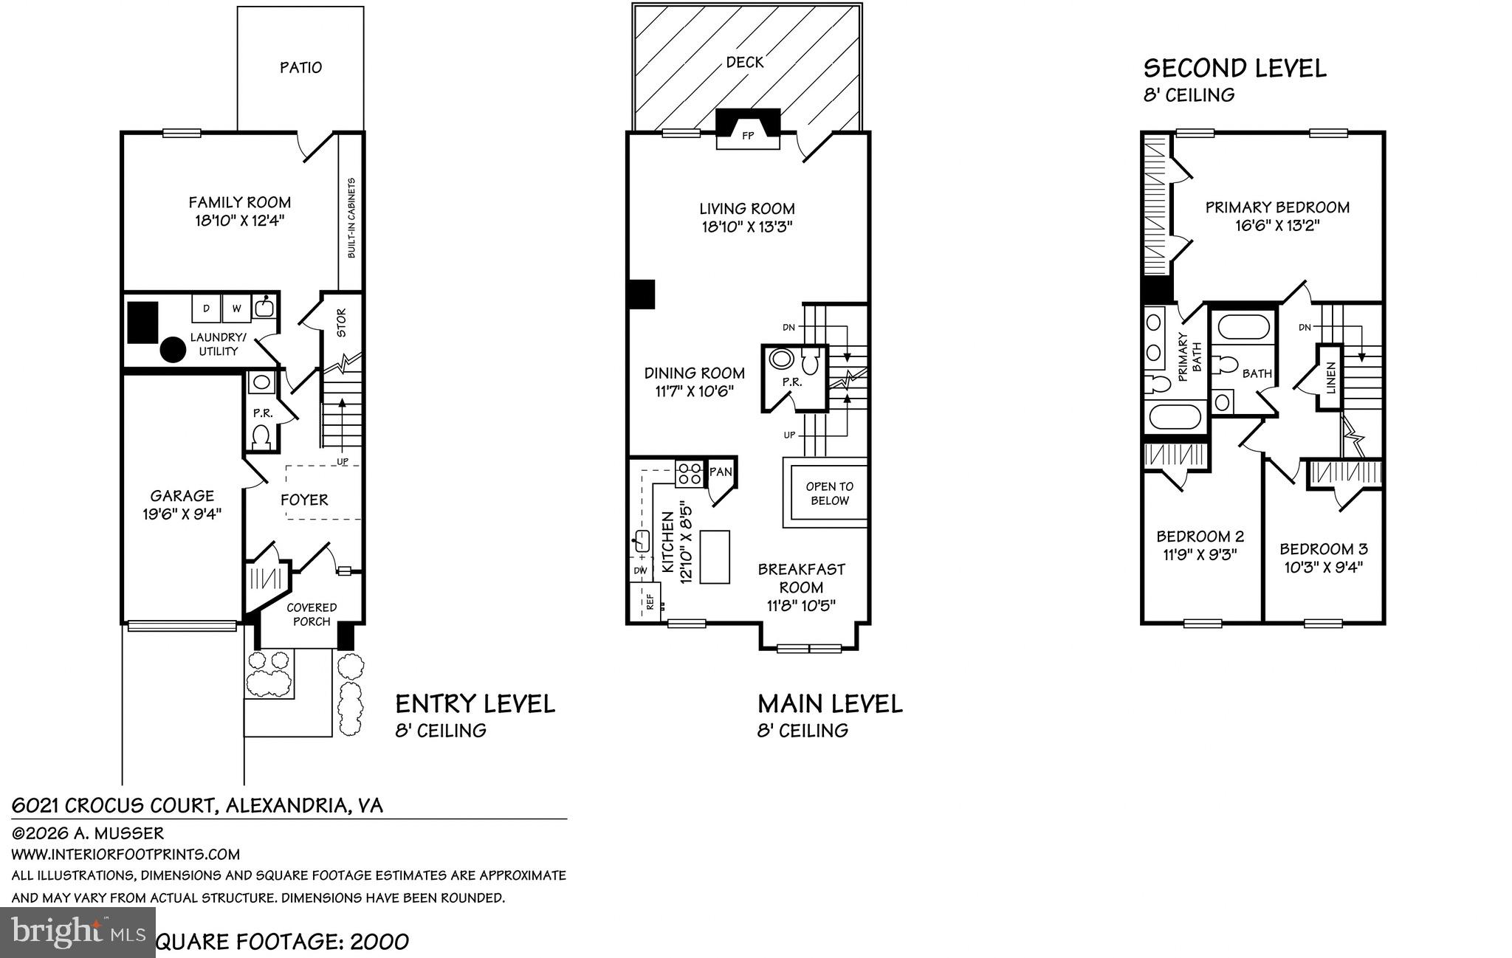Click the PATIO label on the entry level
[x=300, y=68]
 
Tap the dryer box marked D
[x=206, y=309]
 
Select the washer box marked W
[x=236, y=309]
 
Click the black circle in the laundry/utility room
[x=173, y=350]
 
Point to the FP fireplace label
[x=747, y=136]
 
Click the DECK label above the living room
[x=744, y=63]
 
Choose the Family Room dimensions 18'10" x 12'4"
[x=239, y=220]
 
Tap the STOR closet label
[x=341, y=323]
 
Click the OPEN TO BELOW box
[x=829, y=494]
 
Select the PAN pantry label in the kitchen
[x=720, y=472]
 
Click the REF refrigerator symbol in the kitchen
[x=650, y=602]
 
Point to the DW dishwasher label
[x=639, y=571]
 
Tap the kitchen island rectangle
[x=714, y=556]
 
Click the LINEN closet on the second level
[x=1330, y=377]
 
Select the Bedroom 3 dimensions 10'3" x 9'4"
[x=1322, y=568]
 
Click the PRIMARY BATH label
[x=1189, y=356]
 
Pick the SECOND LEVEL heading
[x=1234, y=69]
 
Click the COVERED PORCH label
[x=312, y=614]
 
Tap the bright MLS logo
[x=78, y=931]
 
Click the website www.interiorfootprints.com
[x=126, y=855]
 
